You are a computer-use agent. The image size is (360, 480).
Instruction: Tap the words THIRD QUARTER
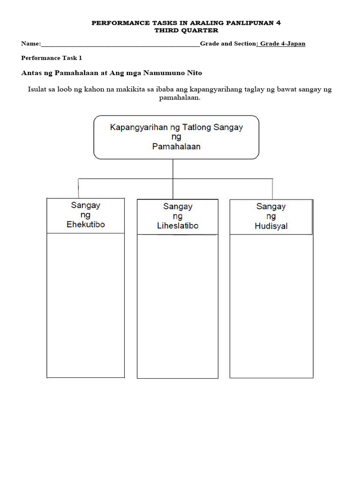pyautogui.click(x=180, y=30)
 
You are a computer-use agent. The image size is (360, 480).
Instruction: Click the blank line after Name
pyautogui.click(x=120, y=45)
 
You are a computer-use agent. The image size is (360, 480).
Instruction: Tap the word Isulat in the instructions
pyautogui.click(x=38, y=90)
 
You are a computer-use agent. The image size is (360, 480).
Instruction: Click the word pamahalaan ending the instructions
pyautogui.click(x=180, y=98)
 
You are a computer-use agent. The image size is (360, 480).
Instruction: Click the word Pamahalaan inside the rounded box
pyautogui.click(x=176, y=146)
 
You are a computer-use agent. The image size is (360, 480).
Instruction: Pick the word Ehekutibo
pyautogui.click(x=86, y=225)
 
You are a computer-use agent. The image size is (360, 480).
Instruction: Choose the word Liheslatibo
pyautogui.click(x=177, y=226)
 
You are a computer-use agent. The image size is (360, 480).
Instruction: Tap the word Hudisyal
pyautogui.click(x=271, y=226)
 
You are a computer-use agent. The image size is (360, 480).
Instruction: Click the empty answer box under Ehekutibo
pyautogui.click(x=86, y=305)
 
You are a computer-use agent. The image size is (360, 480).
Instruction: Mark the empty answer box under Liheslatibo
pyautogui.click(x=177, y=306)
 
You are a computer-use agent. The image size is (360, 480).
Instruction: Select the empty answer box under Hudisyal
pyautogui.click(x=271, y=306)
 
